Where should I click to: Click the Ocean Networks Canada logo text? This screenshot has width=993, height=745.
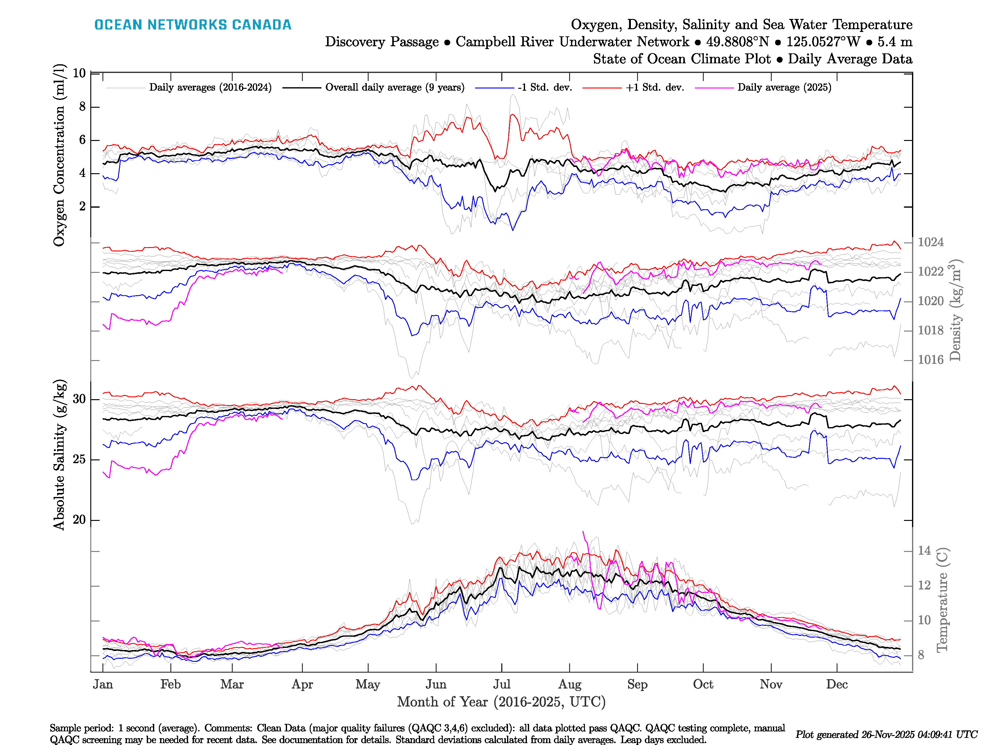pos(193,25)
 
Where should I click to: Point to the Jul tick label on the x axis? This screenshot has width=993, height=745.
pos(501,684)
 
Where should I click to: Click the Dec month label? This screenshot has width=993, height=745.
pos(837,684)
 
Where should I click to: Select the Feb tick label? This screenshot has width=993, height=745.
pos(171,684)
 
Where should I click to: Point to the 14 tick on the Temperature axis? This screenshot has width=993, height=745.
pos(924,551)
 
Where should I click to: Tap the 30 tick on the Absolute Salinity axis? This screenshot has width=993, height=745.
pos(79,399)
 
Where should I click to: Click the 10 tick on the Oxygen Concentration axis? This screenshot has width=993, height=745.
pos(79,73)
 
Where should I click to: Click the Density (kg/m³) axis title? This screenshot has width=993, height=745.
pos(955,310)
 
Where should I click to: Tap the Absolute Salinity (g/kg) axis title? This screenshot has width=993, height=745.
pos(59,455)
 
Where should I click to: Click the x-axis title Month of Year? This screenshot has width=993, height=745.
pos(501,702)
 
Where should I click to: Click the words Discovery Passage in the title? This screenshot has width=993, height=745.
pos(382,42)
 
